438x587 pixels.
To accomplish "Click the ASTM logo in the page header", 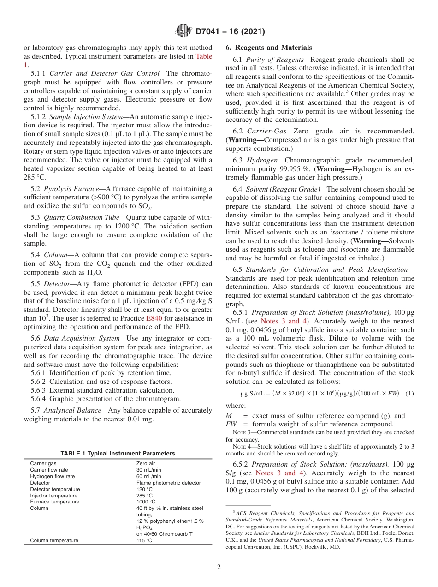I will [x=184, y=32].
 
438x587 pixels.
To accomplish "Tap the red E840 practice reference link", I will [x=154, y=318].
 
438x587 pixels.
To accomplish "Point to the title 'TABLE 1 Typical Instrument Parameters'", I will [x=118, y=454].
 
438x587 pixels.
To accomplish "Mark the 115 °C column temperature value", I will [x=144, y=540].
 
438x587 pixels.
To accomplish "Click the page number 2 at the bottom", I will [x=219, y=567].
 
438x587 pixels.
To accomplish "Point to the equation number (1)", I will [x=409, y=393].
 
